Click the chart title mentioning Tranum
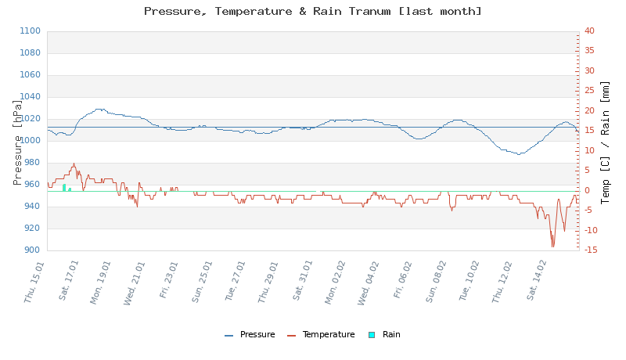tap(313, 11)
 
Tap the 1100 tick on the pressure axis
tap(29, 31)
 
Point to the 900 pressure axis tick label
tap(31, 250)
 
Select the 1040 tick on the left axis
tap(29, 97)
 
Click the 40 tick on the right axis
tap(589, 31)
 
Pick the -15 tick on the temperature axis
tap(591, 250)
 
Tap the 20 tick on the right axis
tap(589, 111)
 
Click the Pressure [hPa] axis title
tap(18, 141)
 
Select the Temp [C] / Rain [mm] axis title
tap(605, 141)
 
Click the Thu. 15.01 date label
tap(35, 283)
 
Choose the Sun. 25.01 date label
tap(202, 283)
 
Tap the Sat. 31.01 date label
tap(302, 283)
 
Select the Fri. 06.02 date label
tap(402, 283)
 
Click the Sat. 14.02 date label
tap(536, 283)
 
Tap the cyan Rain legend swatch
tap(372, 335)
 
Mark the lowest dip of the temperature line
tap(552, 247)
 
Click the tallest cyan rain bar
tap(64, 188)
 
